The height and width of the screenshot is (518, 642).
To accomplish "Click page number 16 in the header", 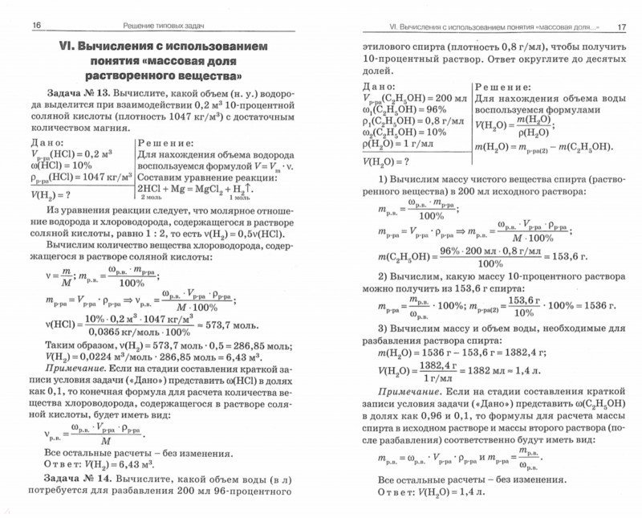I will (x=36, y=26).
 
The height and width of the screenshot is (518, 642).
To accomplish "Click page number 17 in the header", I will (x=620, y=26).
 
